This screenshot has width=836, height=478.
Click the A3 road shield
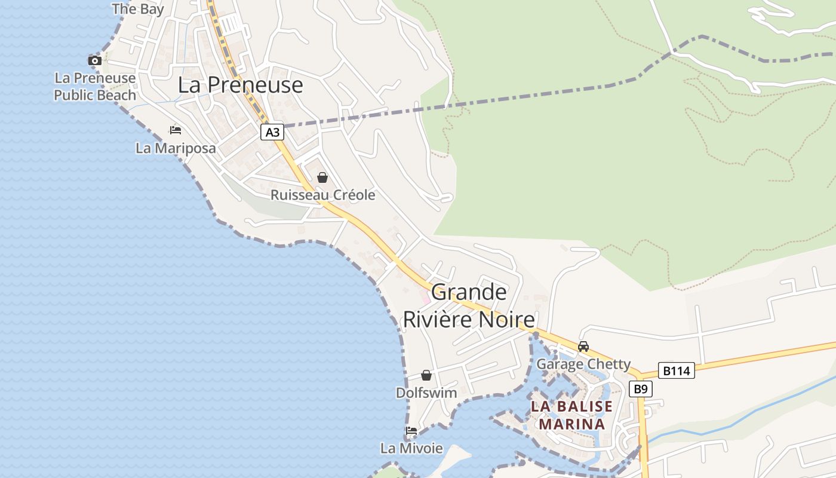pyautogui.click(x=272, y=132)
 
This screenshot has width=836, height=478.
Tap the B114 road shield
pyautogui.click(x=677, y=371)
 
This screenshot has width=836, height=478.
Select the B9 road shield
pyautogui.click(x=640, y=390)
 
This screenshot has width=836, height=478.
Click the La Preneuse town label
pyautogui.click(x=240, y=85)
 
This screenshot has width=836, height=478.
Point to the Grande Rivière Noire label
pyautogui.click(x=469, y=306)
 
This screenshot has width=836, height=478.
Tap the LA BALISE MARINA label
pyautogui.click(x=572, y=415)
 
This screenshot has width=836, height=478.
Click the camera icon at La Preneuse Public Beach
pyautogui.click(x=95, y=60)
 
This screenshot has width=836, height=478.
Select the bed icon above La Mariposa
pyautogui.click(x=175, y=130)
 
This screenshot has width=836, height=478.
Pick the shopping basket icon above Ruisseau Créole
pyautogui.click(x=322, y=177)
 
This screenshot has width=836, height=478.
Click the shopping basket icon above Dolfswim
pyautogui.click(x=426, y=375)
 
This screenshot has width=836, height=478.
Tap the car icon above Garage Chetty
pyautogui.click(x=583, y=347)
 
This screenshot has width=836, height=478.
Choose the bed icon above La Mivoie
pyautogui.click(x=411, y=431)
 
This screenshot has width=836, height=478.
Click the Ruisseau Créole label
pyautogui.click(x=323, y=195)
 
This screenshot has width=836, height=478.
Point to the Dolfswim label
pyautogui.click(x=426, y=393)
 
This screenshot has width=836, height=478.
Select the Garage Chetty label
pyautogui.click(x=583, y=364)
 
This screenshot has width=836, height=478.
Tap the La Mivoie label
pyautogui.click(x=411, y=448)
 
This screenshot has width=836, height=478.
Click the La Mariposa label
pyautogui.click(x=176, y=148)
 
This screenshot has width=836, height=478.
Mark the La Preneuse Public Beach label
pyautogui.click(x=95, y=87)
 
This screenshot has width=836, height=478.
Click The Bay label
pyautogui.click(x=137, y=8)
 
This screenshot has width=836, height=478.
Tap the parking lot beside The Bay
pyautogui.click(x=232, y=24)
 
